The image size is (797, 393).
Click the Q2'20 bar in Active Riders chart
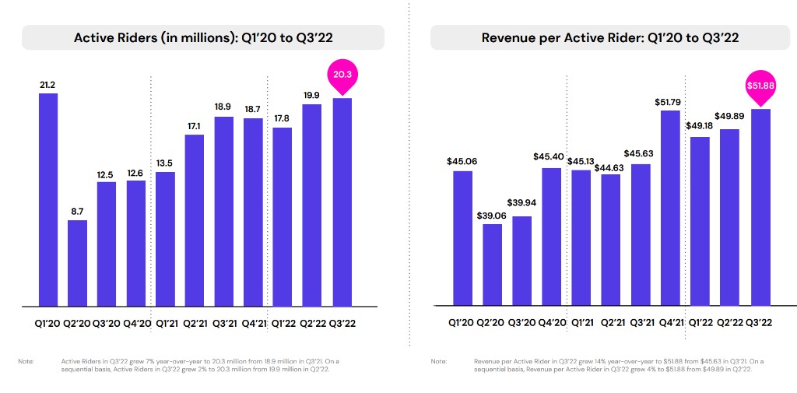pos(77,262)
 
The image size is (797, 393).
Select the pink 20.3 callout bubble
pos(342,75)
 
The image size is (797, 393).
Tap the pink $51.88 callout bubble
pos(760,86)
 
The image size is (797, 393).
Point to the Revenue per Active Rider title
pos(610,37)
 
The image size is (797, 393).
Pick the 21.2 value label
pos(47,85)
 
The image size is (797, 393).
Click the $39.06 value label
pos(492,215)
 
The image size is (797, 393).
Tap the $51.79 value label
pos(670,101)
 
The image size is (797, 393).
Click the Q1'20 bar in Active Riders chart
pos(47,199)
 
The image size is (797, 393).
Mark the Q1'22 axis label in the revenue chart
pos(700,321)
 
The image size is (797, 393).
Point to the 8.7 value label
pos(77,211)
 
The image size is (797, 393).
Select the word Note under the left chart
pos(26,361)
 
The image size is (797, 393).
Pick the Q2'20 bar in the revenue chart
pos(492,264)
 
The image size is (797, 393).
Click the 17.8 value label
pos(283,118)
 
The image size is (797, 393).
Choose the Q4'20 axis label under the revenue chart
pos(551,321)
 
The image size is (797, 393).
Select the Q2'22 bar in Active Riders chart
pos(312,205)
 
